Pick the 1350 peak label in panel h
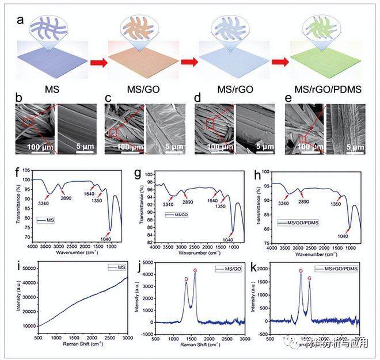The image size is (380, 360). [x=335, y=204]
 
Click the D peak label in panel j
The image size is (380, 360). [x=186, y=279]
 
